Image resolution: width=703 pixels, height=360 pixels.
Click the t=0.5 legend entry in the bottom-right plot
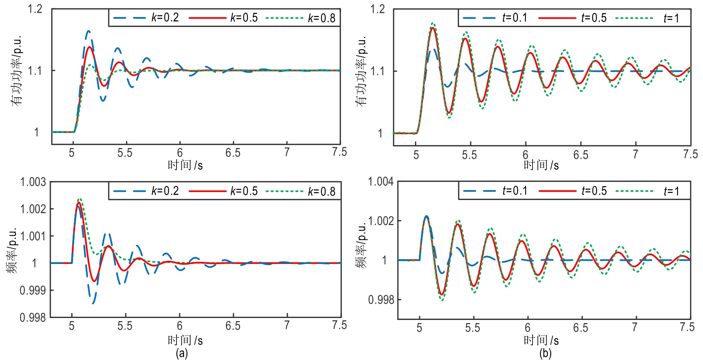coord(573,191)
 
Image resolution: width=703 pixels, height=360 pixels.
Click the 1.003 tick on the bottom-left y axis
coord(33,182)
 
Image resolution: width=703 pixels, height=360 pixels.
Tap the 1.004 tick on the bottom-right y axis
coord(381,182)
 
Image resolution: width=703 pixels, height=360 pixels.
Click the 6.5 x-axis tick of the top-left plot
coord(233,153)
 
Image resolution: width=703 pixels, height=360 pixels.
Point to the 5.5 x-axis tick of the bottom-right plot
coord(473,328)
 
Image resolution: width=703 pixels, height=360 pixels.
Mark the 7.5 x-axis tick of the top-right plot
coord(690,154)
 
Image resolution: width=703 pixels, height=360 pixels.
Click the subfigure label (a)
coord(182,353)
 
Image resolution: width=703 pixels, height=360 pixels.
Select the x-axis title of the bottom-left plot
coord(185,340)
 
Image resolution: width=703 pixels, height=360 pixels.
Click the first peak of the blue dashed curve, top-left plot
coord(88,31)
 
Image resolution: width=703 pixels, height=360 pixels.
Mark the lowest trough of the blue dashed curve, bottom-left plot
coord(93,304)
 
